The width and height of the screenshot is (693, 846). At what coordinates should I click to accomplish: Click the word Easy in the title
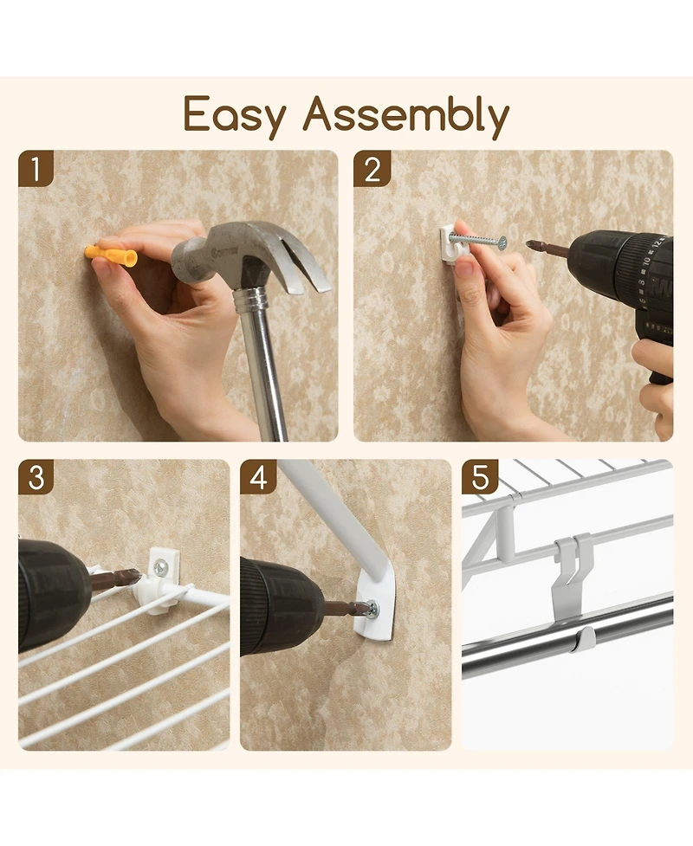[236, 115]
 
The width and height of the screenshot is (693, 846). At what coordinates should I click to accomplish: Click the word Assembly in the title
[405, 115]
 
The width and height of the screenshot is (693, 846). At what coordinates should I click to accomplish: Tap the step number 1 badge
[36, 168]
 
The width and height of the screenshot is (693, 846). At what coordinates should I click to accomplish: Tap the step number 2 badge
[371, 168]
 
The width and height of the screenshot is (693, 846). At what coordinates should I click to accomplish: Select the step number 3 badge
[36, 477]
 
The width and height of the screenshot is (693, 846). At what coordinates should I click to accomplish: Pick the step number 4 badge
[258, 477]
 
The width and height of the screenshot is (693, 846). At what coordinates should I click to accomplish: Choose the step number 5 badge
[479, 477]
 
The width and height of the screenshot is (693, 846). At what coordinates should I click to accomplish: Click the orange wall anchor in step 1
[110, 255]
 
